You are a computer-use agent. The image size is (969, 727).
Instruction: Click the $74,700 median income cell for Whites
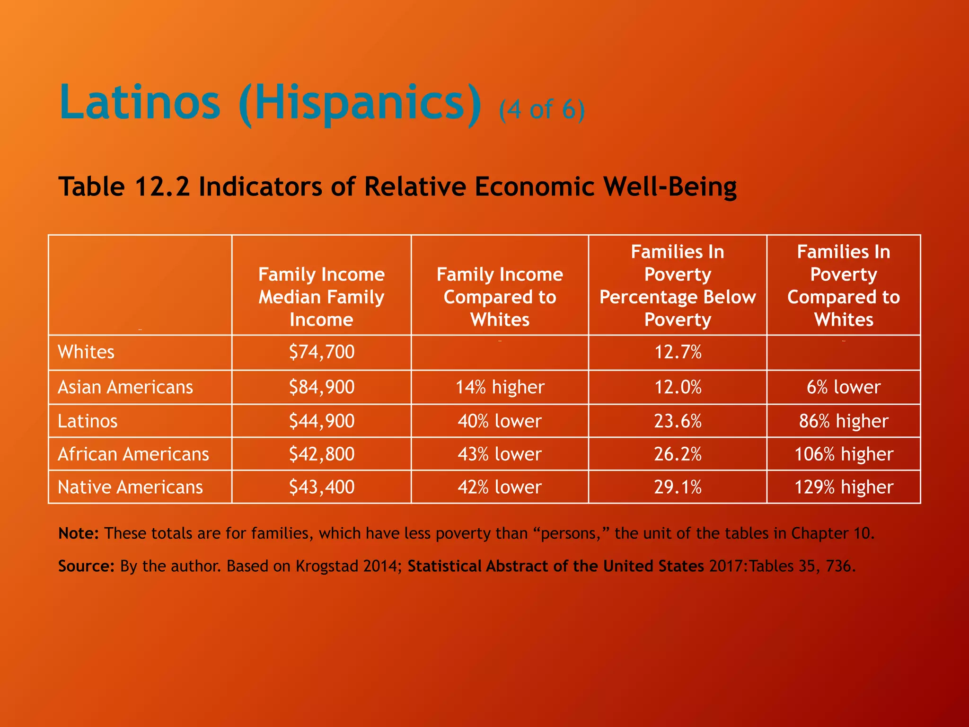point(322,352)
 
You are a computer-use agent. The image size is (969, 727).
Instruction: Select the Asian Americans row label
point(125,387)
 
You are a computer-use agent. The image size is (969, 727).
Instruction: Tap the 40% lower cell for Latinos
point(500,421)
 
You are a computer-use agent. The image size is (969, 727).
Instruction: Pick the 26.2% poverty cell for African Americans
point(678,454)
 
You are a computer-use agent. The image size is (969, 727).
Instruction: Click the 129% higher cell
point(844,487)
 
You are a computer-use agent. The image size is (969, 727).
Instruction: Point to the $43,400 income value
point(322,487)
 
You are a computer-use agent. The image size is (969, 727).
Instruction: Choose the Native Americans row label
point(130,487)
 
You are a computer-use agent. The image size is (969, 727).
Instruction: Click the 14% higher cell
point(500,387)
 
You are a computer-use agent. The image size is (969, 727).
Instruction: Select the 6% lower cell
point(844,387)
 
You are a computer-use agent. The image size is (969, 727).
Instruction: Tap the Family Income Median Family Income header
point(322,297)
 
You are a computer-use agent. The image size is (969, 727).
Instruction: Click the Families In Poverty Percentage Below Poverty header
point(678,285)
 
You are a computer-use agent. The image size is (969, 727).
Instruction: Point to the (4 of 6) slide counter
point(542,110)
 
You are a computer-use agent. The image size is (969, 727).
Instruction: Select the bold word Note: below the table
point(78,533)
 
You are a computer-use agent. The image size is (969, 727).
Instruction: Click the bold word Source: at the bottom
point(86,566)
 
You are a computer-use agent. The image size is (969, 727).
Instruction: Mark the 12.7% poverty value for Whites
point(678,352)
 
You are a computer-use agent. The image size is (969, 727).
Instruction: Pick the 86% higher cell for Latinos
point(844,421)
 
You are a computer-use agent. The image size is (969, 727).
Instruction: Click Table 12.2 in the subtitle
point(124,186)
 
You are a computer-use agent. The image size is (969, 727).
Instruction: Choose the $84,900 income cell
point(322,387)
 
